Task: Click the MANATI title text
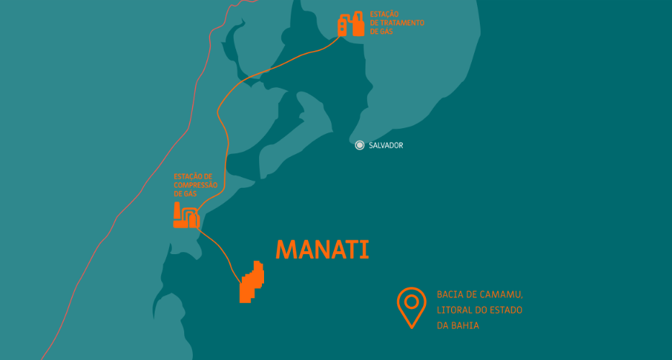pos(322,249)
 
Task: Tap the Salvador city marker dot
pos(360,145)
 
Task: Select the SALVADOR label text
pos(386,145)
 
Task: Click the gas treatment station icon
pos(351,24)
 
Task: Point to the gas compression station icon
pos(186,216)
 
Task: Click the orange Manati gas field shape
pos(251,282)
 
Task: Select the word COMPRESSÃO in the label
pos(195,185)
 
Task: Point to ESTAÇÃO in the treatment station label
pos(384,14)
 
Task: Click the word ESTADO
pos(507,310)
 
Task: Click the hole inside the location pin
pos(412,300)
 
